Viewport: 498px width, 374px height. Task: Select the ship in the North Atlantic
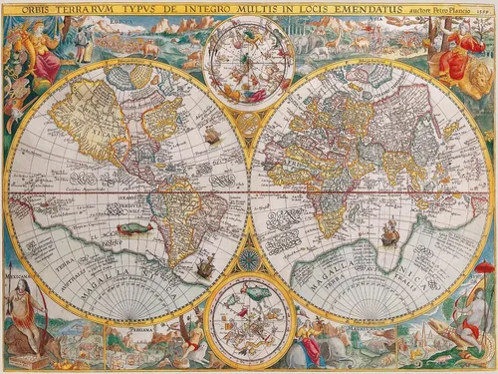pyautogui.click(x=211, y=135)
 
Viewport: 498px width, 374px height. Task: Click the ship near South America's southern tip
pyautogui.click(x=205, y=267)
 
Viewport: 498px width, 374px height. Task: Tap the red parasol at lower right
pyautogui.click(x=484, y=267)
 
